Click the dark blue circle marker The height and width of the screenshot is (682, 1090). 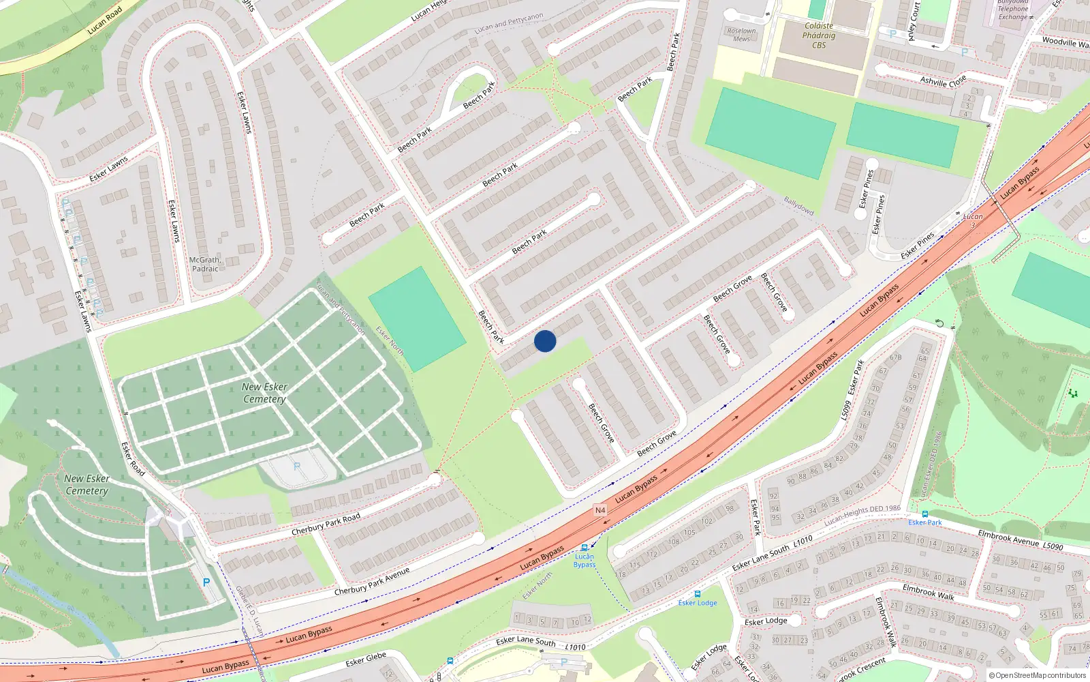tap(545, 341)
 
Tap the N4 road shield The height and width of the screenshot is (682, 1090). tap(599, 510)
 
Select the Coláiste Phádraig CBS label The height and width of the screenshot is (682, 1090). tap(819, 35)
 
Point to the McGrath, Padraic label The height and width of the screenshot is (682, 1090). tap(205, 264)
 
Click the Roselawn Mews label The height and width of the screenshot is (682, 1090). tap(741, 35)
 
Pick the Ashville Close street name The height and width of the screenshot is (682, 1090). tap(943, 81)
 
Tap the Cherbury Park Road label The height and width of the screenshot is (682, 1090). tap(326, 524)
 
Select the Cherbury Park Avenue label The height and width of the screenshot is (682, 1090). tap(372, 581)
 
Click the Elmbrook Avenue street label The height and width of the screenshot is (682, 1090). tap(1009, 537)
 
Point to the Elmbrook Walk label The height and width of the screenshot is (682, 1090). tap(928, 591)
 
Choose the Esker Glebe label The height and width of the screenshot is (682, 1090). tap(366, 659)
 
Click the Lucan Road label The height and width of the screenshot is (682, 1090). tap(105, 20)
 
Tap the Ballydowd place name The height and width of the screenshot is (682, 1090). tap(798, 206)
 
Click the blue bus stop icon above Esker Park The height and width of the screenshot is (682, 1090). tap(924, 514)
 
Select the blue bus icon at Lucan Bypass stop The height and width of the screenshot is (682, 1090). tap(584, 548)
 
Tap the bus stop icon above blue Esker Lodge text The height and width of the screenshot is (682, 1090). tap(697, 594)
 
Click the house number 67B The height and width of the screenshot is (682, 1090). tap(895, 357)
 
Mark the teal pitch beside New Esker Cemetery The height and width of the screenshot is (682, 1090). tap(417, 318)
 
